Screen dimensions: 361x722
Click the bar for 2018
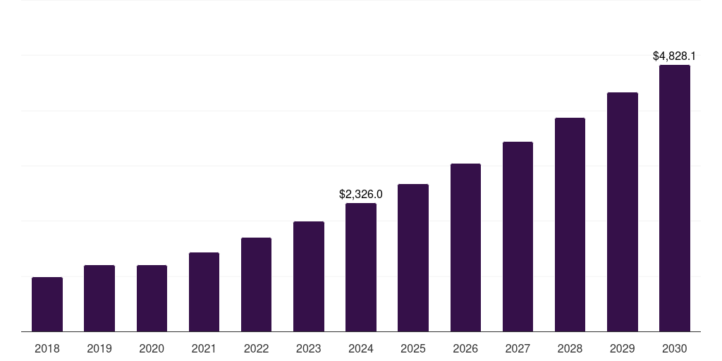coord(47,305)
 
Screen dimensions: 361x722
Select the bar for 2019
coord(99,298)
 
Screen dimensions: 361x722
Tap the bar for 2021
coord(204,292)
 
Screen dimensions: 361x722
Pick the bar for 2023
coord(309,276)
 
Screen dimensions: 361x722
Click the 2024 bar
coord(361,267)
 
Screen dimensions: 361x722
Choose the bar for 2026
coord(465,247)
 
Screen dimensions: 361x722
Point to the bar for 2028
coord(570,224)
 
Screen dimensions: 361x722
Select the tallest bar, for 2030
coord(675,198)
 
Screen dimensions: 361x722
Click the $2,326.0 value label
coord(361,194)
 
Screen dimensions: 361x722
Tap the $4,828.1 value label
coord(674,56)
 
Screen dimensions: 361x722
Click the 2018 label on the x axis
coord(47,348)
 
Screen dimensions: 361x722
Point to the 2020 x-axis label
coord(152,348)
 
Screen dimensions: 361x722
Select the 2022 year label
coord(256,348)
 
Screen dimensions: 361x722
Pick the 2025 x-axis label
coord(413,348)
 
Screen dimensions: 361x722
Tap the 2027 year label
coord(518,348)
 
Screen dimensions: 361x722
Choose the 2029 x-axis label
coord(622,348)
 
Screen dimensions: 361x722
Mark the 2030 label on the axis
coord(675,348)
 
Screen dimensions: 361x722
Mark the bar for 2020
coord(152,298)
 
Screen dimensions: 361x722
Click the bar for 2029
coord(623,212)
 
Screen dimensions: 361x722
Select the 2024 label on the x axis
coord(361,348)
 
